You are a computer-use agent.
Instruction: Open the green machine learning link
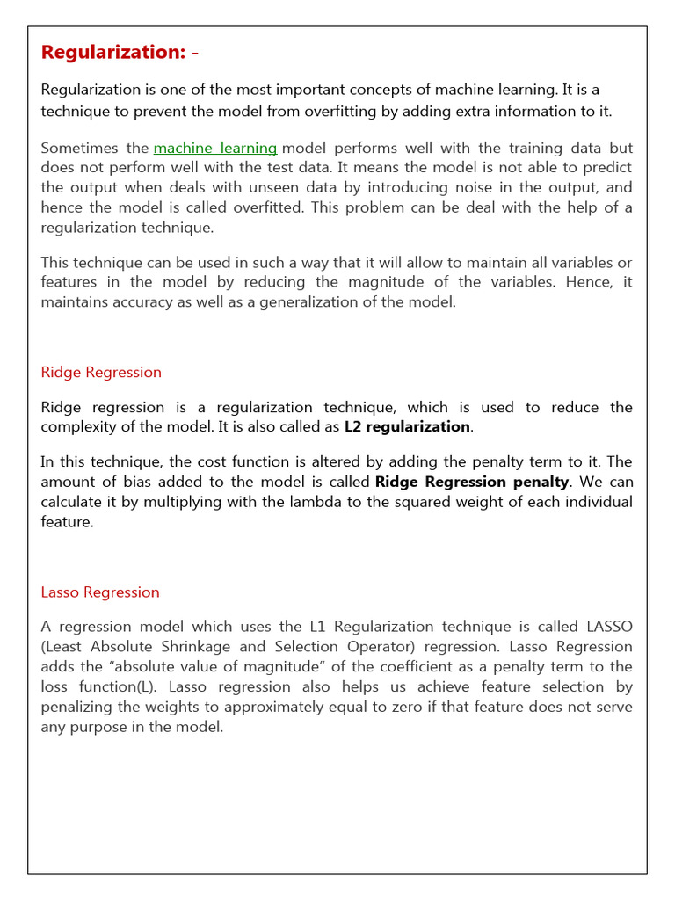pyautogui.click(x=215, y=148)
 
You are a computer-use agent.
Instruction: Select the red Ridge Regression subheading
pyautogui.click(x=101, y=372)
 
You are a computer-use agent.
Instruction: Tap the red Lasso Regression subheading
pyautogui.click(x=100, y=592)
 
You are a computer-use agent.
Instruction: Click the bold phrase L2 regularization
pyautogui.click(x=407, y=426)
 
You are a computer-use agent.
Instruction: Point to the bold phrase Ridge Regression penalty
pyautogui.click(x=472, y=482)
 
